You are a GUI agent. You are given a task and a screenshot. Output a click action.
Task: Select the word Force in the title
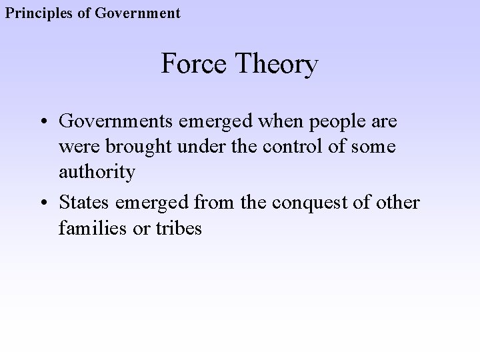coord(194,65)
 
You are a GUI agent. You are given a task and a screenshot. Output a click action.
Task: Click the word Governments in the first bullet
coord(117,121)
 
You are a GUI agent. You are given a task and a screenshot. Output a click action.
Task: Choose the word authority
coord(97,172)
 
